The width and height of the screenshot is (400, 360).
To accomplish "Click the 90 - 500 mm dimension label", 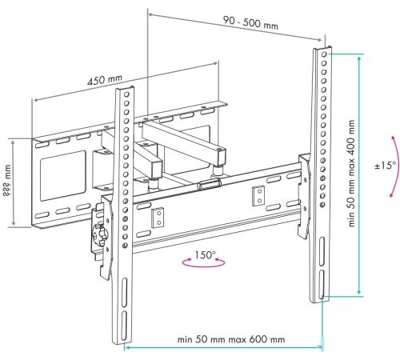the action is click(x=250, y=22).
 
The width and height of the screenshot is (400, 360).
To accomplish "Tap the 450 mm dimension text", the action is click(x=105, y=80).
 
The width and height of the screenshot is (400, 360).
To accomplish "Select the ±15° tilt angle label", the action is click(x=385, y=166).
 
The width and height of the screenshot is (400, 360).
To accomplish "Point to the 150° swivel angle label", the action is click(x=205, y=254).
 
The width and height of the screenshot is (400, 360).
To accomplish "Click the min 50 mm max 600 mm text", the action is click(x=231, y=339).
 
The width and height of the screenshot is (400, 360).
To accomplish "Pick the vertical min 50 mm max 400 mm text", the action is click(x=351, y=174).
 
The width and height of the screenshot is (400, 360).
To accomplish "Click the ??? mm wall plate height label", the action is click(x=7, y=180).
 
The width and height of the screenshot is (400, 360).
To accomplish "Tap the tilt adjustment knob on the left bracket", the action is click(x=99, y=234).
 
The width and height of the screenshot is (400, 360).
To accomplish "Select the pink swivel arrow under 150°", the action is click(x=204, y=265).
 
